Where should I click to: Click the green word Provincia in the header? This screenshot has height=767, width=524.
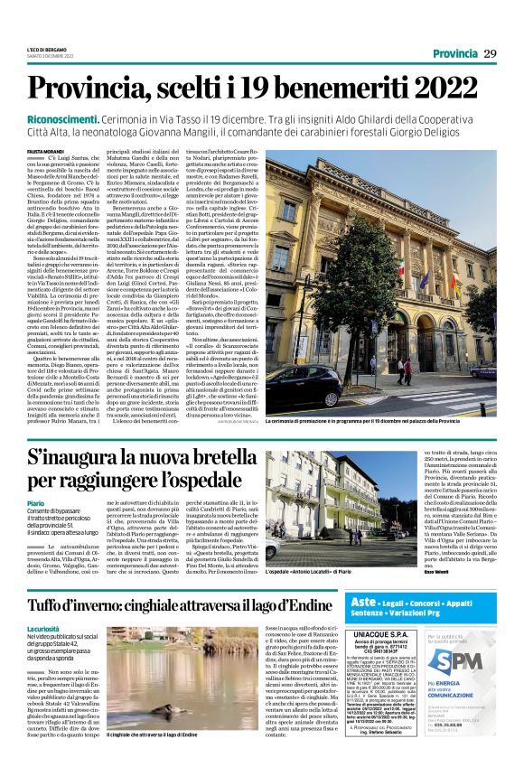pyautogui.click(x=455, y=53)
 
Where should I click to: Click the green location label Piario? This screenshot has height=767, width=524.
pyautogui.click(x=35, y=502)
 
